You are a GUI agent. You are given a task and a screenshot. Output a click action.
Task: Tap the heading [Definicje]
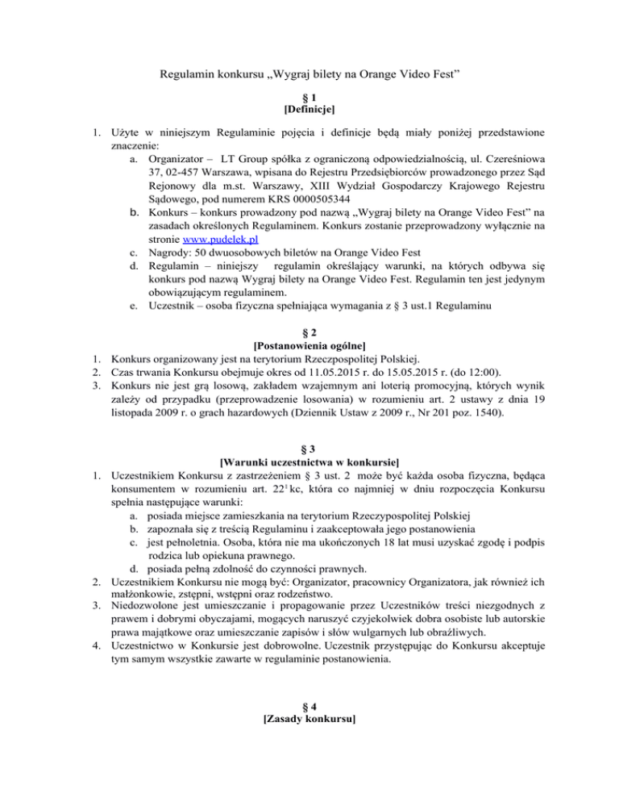point(309,107)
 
